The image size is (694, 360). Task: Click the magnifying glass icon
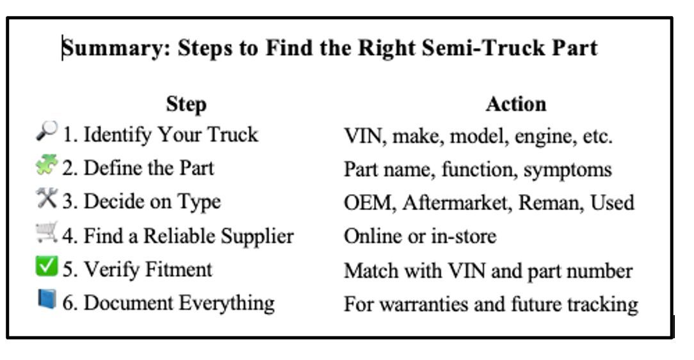[47, 131]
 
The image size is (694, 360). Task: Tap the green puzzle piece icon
[47, 164]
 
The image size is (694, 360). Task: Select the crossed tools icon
[47, 198]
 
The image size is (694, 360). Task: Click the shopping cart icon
[47, 232]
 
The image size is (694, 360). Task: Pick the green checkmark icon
[47, 266]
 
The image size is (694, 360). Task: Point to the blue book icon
[47, 299]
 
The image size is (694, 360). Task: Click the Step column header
[186, 105]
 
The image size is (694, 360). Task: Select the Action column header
[515, 104]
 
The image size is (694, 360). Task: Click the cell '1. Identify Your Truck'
[160, 134]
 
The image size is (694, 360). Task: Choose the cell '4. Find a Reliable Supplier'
[178, 236]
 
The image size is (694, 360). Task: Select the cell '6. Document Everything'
[168, 304]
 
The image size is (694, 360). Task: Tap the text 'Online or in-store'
[420, 236]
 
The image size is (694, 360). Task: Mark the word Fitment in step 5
[179, 269]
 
